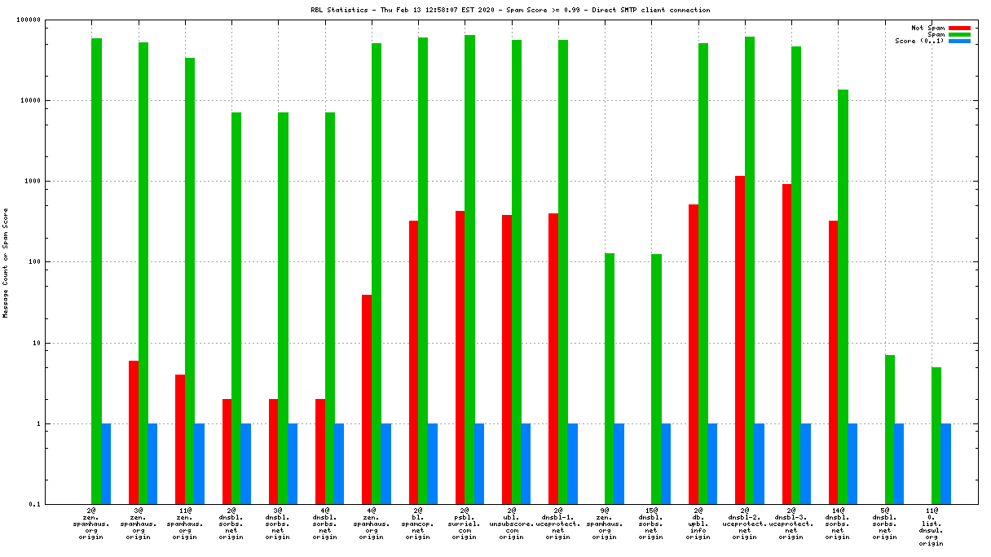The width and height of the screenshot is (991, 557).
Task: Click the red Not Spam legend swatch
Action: pos(959,28)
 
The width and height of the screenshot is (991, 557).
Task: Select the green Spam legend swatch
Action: pos(959,34)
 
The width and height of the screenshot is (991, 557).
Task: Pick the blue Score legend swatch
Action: pos(959,41)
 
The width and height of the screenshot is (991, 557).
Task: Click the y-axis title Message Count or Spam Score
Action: pos(6,262)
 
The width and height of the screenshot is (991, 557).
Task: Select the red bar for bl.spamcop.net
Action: pos(413,362)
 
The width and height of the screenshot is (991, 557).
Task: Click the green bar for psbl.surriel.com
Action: pos(469,270)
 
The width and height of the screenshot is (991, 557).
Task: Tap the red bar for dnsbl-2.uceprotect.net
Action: pos(740,340)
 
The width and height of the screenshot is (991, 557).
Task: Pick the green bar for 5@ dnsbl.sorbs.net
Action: pos(890,429)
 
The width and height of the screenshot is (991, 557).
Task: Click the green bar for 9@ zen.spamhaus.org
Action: pos(610,379)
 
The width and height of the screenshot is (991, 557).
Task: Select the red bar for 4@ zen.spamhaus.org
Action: pos(367,399)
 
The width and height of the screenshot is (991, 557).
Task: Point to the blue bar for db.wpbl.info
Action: pos(712,464)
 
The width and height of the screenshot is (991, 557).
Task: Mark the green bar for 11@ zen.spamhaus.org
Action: pos(190,281)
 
